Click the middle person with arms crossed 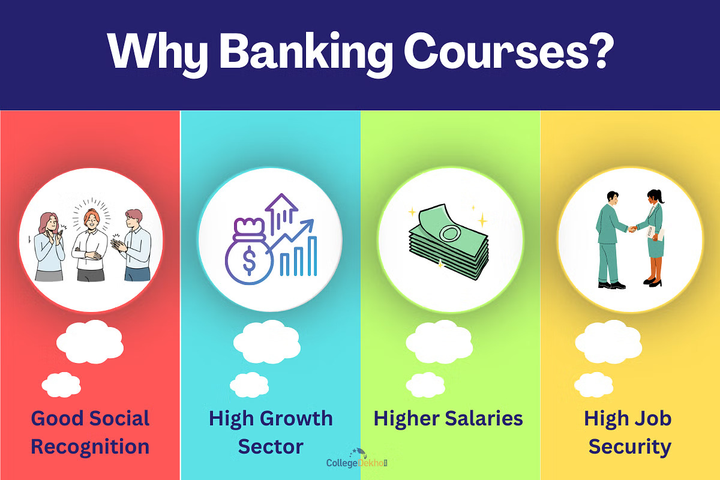90,243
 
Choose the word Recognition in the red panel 90,447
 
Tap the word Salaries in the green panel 484,418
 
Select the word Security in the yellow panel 629,447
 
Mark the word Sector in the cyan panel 271,447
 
